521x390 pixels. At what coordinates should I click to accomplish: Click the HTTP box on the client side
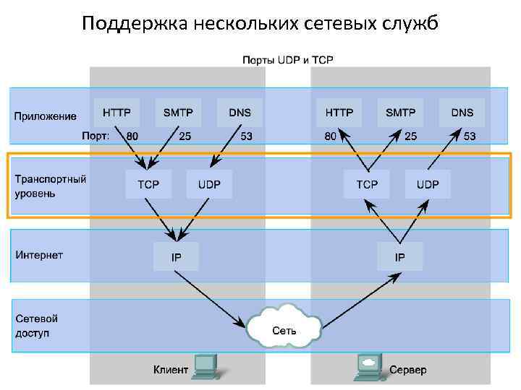(x=117, y=113)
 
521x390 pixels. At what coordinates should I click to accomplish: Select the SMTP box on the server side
(x=400, y=113)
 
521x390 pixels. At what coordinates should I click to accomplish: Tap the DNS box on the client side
(x=240, y=113)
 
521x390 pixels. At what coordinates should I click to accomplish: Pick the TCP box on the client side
(x=148, y=184)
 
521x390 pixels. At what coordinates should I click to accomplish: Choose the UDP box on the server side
(x=427, y=184)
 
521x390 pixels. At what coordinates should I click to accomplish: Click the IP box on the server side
(x=399, y=256)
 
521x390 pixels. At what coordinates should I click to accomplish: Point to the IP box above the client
(x=176, y=256)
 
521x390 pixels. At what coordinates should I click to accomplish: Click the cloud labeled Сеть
(x=284, y=330)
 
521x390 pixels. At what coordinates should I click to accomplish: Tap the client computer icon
(x=206, y=366)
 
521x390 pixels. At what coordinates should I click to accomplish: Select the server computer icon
(x=368, y=366)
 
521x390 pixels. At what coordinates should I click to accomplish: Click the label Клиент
(x=171, y=370)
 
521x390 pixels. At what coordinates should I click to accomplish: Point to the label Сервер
(x=408, y=370)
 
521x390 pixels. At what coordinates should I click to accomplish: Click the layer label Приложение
(x=46, y=116)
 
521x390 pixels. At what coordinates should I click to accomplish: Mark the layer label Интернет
(x=40, y=255)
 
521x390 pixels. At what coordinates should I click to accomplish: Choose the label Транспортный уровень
(x=51, y=186)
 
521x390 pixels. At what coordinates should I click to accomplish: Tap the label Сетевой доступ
(x=37, y=326)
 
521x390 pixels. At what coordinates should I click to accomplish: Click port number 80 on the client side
(x=132, y=136)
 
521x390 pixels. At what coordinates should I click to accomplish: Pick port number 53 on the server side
(x=470, y=136)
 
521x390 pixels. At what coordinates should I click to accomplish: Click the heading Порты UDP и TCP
(x=287, y=60)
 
